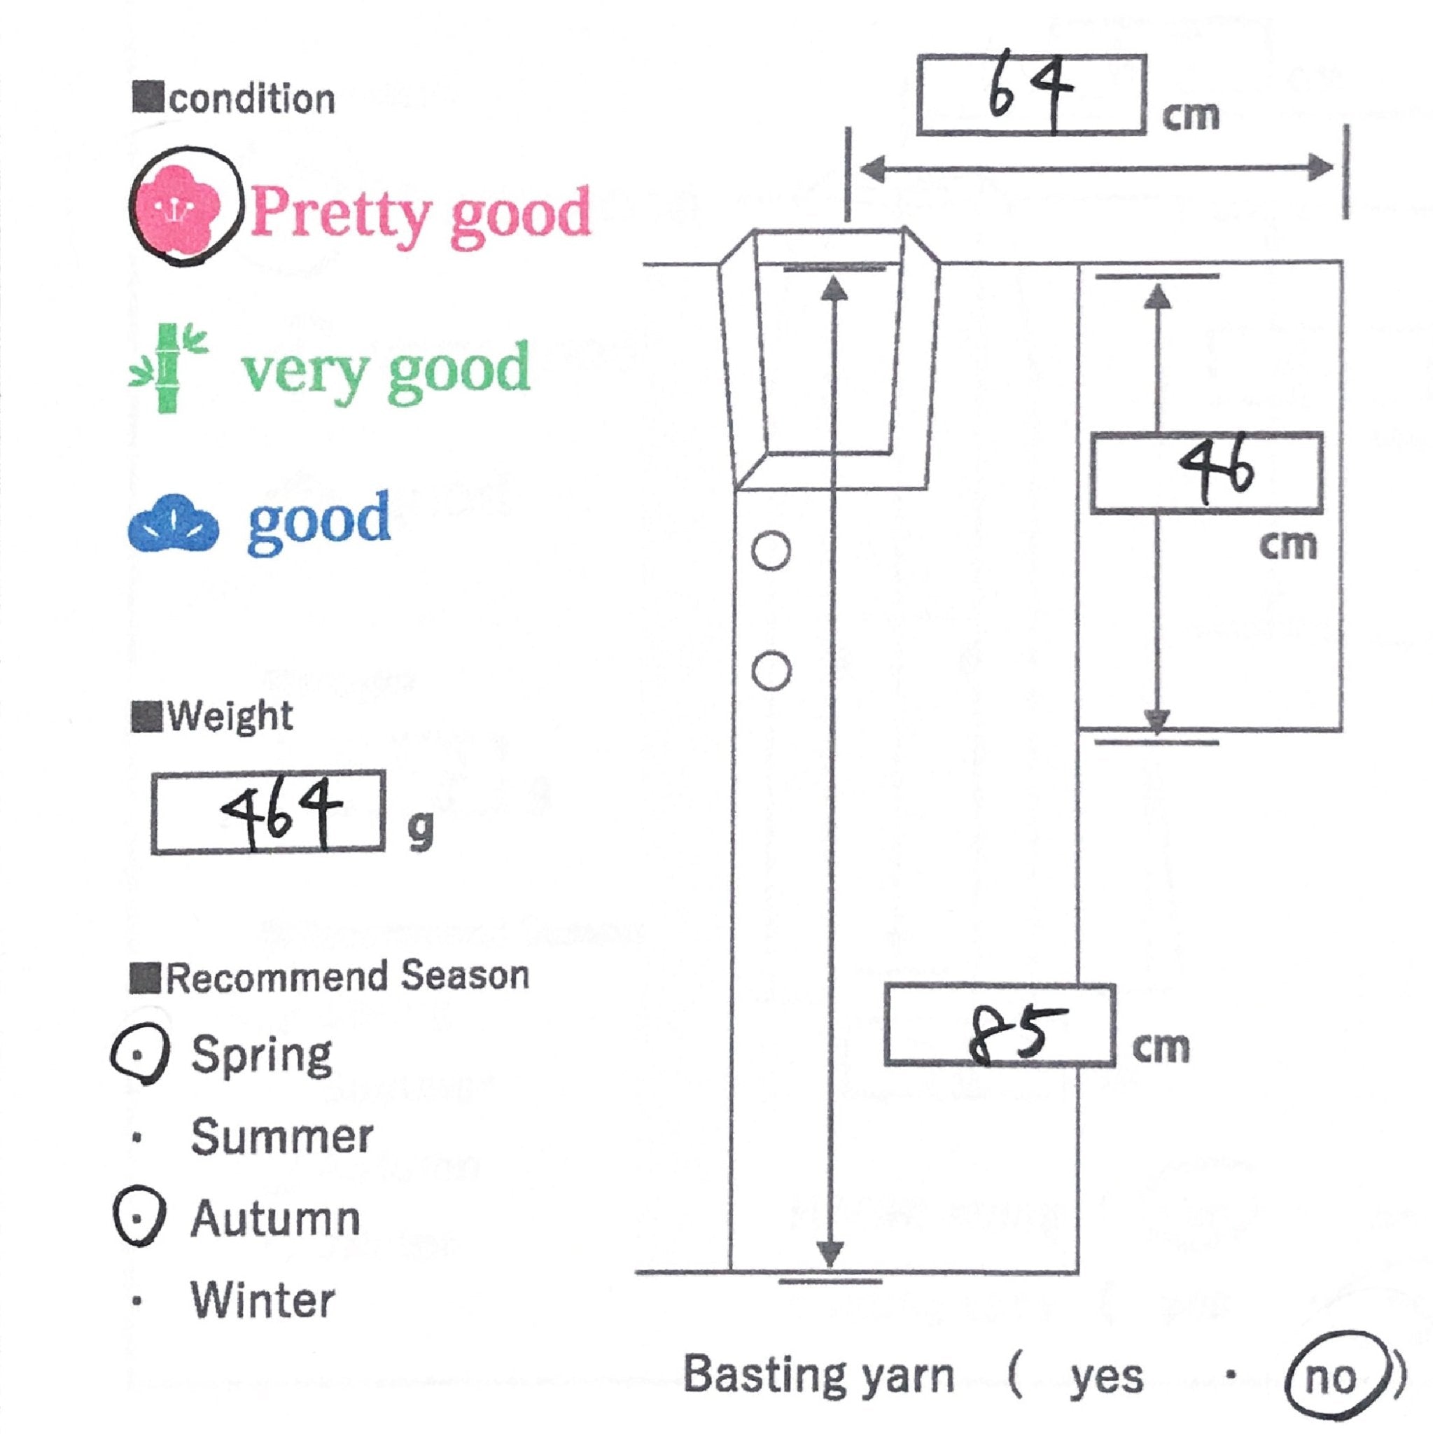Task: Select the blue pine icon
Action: [x=174, y=523]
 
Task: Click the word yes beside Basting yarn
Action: [x=1106, y=1377]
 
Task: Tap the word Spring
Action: [x=261, y=1055]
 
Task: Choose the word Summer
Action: [x=281, y=1136]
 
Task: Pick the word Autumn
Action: [x=275, y=1219]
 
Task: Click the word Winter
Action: [x=263, y=1300]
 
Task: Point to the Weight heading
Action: [x=230, y=716]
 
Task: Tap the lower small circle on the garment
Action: [x=770, y=671]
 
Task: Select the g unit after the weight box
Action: [x=420, y=831]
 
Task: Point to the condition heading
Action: [x=251, y=99]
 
